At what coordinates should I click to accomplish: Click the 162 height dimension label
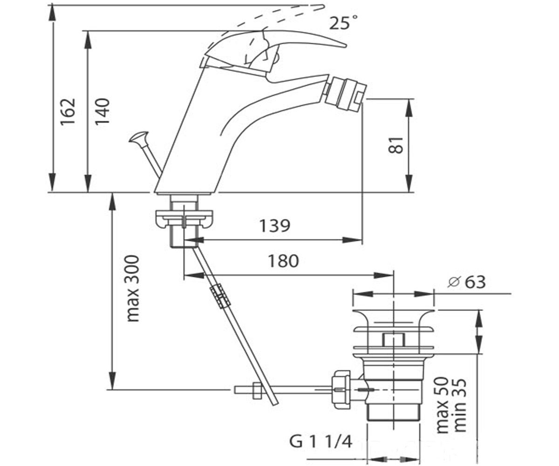click(68, 112)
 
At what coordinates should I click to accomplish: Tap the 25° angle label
click(343, 22)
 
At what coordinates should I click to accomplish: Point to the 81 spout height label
click(395, 145)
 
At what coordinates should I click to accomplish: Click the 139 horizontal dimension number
click(275, 226)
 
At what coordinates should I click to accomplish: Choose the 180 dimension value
click(284, 261)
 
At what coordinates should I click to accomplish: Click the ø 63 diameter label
click(466, 282)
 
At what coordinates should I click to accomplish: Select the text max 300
click(132, 288)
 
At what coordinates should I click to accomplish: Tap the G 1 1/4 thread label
click(320, 441)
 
